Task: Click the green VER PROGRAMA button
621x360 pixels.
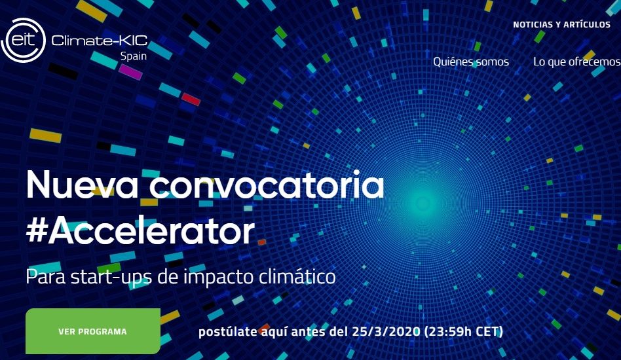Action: (93, 331)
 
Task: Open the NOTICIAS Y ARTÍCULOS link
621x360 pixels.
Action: (561, 24)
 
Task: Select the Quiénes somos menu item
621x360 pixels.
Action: (471, 62)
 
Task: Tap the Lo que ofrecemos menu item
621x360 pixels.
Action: (577, 62)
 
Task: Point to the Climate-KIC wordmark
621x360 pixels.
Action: (100, 41)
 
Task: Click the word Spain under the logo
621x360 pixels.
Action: (134, 56)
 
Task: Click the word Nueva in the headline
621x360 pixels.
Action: (82, 185)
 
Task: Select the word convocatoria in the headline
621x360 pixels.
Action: (267, 185)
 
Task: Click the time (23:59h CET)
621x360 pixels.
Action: (463, 331)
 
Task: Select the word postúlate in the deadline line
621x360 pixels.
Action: (227, 331)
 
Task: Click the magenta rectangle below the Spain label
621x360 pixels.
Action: (130, 72)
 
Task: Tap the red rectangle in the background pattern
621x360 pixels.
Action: (191, 99)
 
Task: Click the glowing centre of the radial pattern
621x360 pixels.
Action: (422, 204)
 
